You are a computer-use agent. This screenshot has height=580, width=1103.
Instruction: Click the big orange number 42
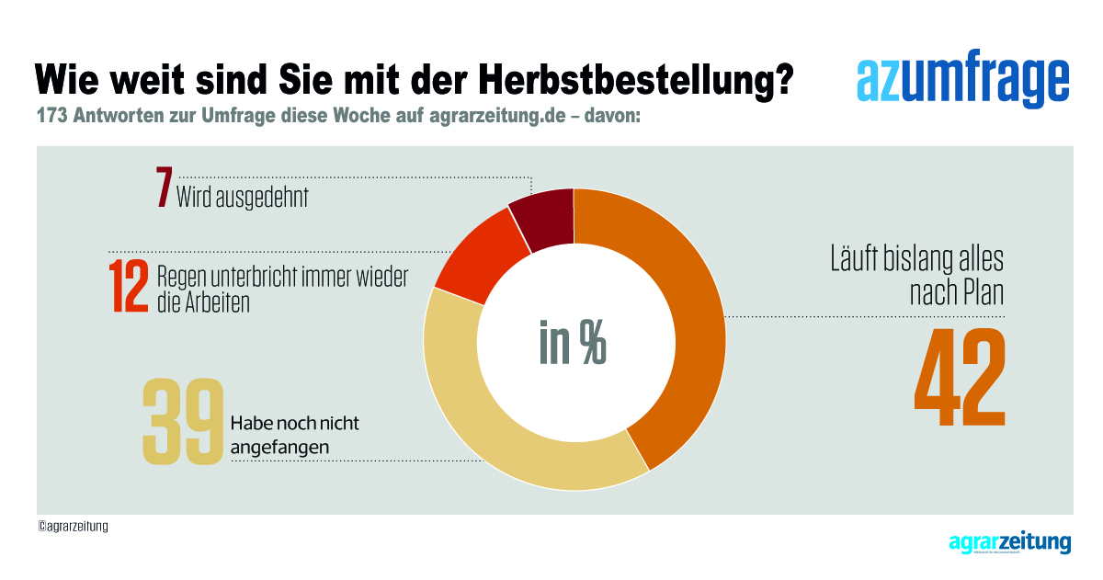point(959,378)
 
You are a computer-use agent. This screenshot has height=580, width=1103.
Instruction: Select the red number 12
point(129,286)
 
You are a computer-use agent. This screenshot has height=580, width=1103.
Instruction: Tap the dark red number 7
point(164,188)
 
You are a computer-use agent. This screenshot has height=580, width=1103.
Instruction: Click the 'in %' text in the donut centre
point(573,344)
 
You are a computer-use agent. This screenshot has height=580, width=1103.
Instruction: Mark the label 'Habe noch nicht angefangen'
point(293,435)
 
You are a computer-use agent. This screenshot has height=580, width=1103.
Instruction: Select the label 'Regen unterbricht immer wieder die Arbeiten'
point(281,289)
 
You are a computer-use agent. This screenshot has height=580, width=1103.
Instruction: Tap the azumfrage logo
point(962,82)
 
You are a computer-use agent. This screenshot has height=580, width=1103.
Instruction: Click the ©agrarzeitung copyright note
point(73,527)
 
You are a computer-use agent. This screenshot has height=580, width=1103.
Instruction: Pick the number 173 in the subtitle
point(51,118)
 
